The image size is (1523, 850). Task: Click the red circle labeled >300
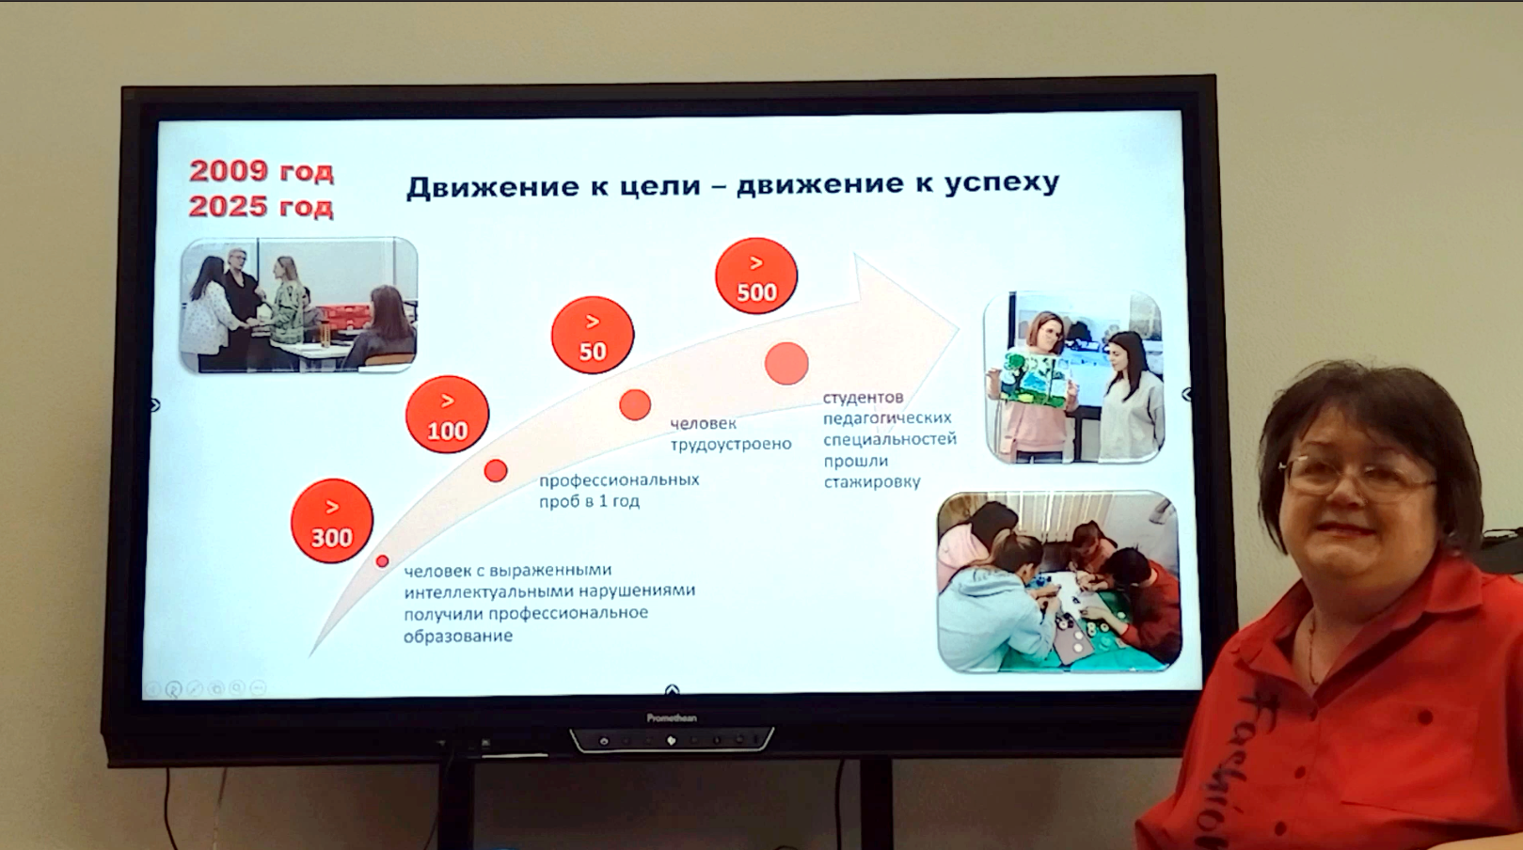click(332, 521)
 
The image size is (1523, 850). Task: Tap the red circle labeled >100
click(448, 415)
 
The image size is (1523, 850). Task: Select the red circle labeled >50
click(593, 335)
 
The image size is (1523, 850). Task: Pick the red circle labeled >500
click(756, 275)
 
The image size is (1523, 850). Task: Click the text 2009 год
click(262, 170)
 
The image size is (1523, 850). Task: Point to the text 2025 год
click(262, 207)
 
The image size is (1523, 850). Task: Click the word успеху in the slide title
click(1002, 182)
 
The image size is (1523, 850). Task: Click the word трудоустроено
click(731, 445)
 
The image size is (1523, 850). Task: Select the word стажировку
click(872, 482)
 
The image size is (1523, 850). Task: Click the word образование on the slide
click(457, 637)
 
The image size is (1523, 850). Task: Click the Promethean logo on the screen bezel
click(671, 718)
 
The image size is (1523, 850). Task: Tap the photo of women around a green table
click(1059, 582)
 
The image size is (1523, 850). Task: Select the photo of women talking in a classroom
click(298, 305)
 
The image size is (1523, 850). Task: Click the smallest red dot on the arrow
click(382, 561)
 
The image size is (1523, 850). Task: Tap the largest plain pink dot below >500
click(786, 364)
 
